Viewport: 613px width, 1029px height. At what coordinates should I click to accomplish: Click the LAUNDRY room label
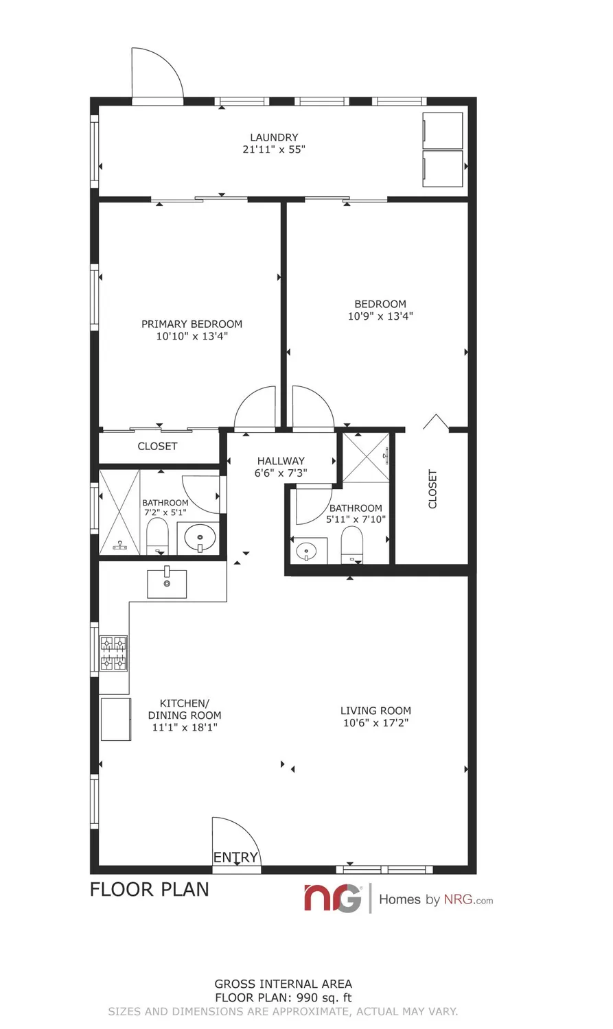(x=274, y=137)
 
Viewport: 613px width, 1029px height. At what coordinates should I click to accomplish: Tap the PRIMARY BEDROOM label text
(x=192, y=324)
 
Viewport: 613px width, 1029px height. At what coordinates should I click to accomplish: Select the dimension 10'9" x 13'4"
(x=380, y=316)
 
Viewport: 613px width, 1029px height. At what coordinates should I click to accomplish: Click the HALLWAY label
(x=281, y=461)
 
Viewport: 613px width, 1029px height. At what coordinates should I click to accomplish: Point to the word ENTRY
(x=235, y=858)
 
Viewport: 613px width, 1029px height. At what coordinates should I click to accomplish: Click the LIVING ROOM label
(x=375, y=711)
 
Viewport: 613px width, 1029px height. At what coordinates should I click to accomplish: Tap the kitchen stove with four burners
(x=114, y=652)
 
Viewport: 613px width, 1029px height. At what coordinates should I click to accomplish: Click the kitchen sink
(x=167, y=584)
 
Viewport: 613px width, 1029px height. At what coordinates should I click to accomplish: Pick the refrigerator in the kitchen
(x=116, y=719)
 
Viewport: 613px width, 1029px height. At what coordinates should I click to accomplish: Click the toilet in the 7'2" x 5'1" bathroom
(x=157, y=536)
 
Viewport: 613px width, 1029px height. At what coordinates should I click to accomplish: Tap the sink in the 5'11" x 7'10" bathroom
(x=307, y=550)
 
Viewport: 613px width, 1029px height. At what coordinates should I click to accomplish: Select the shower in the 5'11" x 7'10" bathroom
(x=365, y=457)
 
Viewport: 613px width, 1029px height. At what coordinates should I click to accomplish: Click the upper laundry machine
(x=443, y=130)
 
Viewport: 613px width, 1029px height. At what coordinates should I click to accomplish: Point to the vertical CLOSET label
(x=432, y=488)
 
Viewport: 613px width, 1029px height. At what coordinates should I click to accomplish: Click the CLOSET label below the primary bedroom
(x=157, y=446)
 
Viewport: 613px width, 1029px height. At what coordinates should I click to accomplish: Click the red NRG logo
(x=333, y=898)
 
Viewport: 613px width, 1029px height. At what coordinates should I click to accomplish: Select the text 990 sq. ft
(x=319, y=998)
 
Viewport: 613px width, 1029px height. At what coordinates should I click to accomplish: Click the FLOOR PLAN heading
(x=150, y=890)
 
